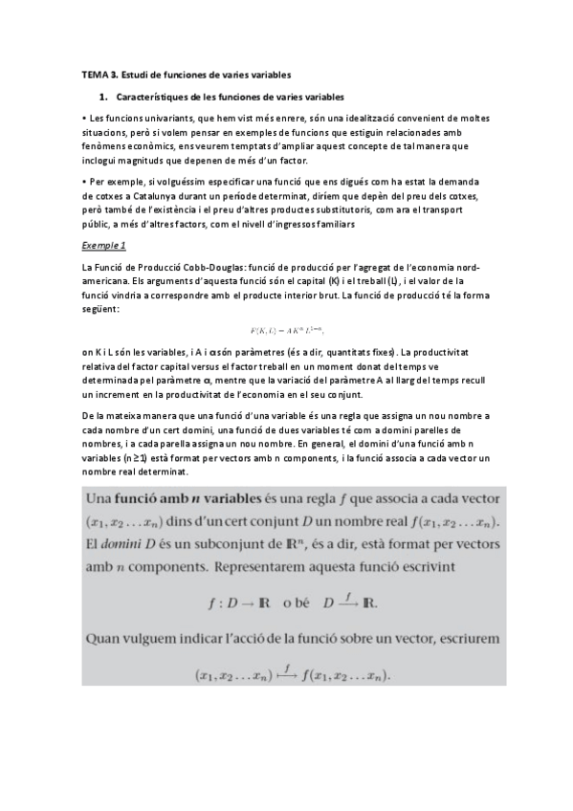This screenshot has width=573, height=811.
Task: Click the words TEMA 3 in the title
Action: pos(96,74)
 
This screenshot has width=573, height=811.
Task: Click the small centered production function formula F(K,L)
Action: pos(287,331)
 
